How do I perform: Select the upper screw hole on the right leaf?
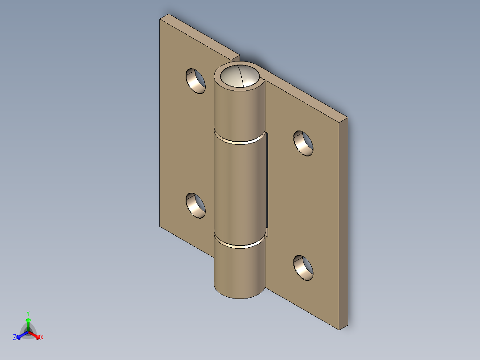[x=304, y=143]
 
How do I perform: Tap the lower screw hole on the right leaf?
[x=304, y=268]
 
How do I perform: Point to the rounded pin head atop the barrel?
[x=240, y=76]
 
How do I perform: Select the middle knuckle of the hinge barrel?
[x=240, y=187]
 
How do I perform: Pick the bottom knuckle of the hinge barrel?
[x=240, y=270]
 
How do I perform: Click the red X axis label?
[x=42, y=338]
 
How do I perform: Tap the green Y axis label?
[x=28, y=313]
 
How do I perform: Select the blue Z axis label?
[x=15, y=338]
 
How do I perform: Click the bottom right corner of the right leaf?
[x=341, y=329]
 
